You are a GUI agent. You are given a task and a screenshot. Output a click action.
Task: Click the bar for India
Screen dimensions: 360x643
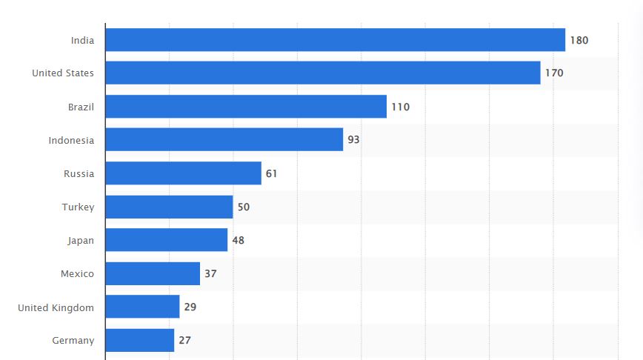335,40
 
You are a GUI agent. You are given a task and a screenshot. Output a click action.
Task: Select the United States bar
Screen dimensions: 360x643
322,73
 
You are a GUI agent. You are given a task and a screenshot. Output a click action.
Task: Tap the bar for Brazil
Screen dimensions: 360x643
246,107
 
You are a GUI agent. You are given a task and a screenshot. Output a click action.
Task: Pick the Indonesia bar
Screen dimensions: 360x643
224,140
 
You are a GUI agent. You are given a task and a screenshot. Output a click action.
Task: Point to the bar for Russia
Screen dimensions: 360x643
183,173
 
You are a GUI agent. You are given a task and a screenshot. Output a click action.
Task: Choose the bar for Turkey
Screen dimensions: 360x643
169,207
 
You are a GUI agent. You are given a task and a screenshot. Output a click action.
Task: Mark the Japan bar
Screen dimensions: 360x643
166,240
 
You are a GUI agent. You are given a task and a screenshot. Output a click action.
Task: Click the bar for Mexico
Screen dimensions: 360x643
153,273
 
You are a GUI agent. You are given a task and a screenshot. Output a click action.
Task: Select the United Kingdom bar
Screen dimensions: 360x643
142,307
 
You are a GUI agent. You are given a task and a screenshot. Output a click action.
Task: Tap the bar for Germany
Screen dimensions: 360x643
139,340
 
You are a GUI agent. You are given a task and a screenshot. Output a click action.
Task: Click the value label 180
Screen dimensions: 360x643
579,40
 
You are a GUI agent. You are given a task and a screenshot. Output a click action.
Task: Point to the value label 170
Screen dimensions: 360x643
554,73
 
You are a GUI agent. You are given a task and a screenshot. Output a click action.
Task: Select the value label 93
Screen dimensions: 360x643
353,140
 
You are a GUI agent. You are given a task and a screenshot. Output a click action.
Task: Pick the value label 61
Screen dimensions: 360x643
271,173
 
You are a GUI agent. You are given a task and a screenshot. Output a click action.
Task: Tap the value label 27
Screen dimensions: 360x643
184,340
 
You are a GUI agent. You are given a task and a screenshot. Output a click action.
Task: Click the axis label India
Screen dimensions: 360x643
82,40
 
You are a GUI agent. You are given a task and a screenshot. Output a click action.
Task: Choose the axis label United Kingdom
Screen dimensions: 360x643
56,307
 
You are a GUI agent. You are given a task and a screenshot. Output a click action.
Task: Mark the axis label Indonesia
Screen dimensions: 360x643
71,140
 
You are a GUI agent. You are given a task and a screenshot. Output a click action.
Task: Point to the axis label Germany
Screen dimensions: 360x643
73,340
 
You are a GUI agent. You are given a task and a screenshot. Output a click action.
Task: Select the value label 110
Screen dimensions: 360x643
400,107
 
